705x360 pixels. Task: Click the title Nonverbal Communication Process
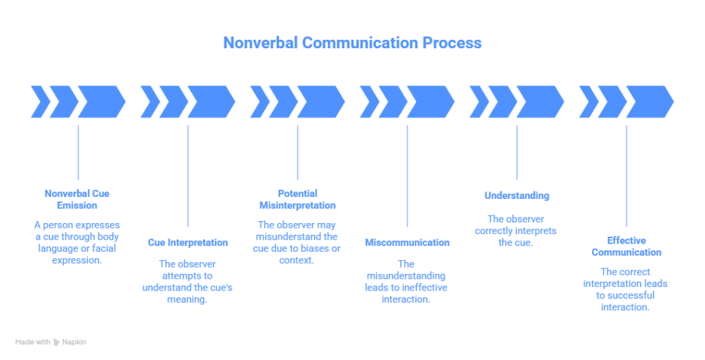coord(352,43)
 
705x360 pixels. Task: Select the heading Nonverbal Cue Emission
coord(77,200)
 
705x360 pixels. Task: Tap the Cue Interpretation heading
coord(187,242)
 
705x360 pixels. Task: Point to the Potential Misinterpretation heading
coord(297,200)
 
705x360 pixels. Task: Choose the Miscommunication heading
coord(407,242)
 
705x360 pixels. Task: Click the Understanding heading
coord(516,195)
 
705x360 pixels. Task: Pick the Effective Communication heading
coord(626,246)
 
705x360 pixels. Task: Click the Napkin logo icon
coord(56,342)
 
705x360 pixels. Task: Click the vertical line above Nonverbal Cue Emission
coord(78,151)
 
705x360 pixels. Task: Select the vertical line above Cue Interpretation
coord(188,176)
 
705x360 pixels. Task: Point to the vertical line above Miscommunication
coord(407,176)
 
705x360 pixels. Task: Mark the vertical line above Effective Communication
coord(627,176)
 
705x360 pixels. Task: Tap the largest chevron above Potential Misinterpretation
coord(320,102)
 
